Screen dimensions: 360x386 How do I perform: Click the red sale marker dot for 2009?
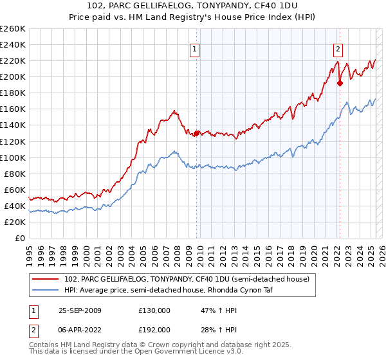pos(196,133)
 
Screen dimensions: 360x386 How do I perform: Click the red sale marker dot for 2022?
pos(340,83)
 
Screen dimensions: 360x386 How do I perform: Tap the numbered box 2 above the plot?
pos(338,47)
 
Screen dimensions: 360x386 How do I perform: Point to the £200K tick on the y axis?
pos(13,76)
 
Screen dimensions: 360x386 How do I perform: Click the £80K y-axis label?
pos(15,174)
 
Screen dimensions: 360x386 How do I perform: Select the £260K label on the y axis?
pos(13,28)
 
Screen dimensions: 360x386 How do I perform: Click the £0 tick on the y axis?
pos(19,238)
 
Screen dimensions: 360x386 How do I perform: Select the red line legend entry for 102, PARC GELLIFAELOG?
pos(187,279)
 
